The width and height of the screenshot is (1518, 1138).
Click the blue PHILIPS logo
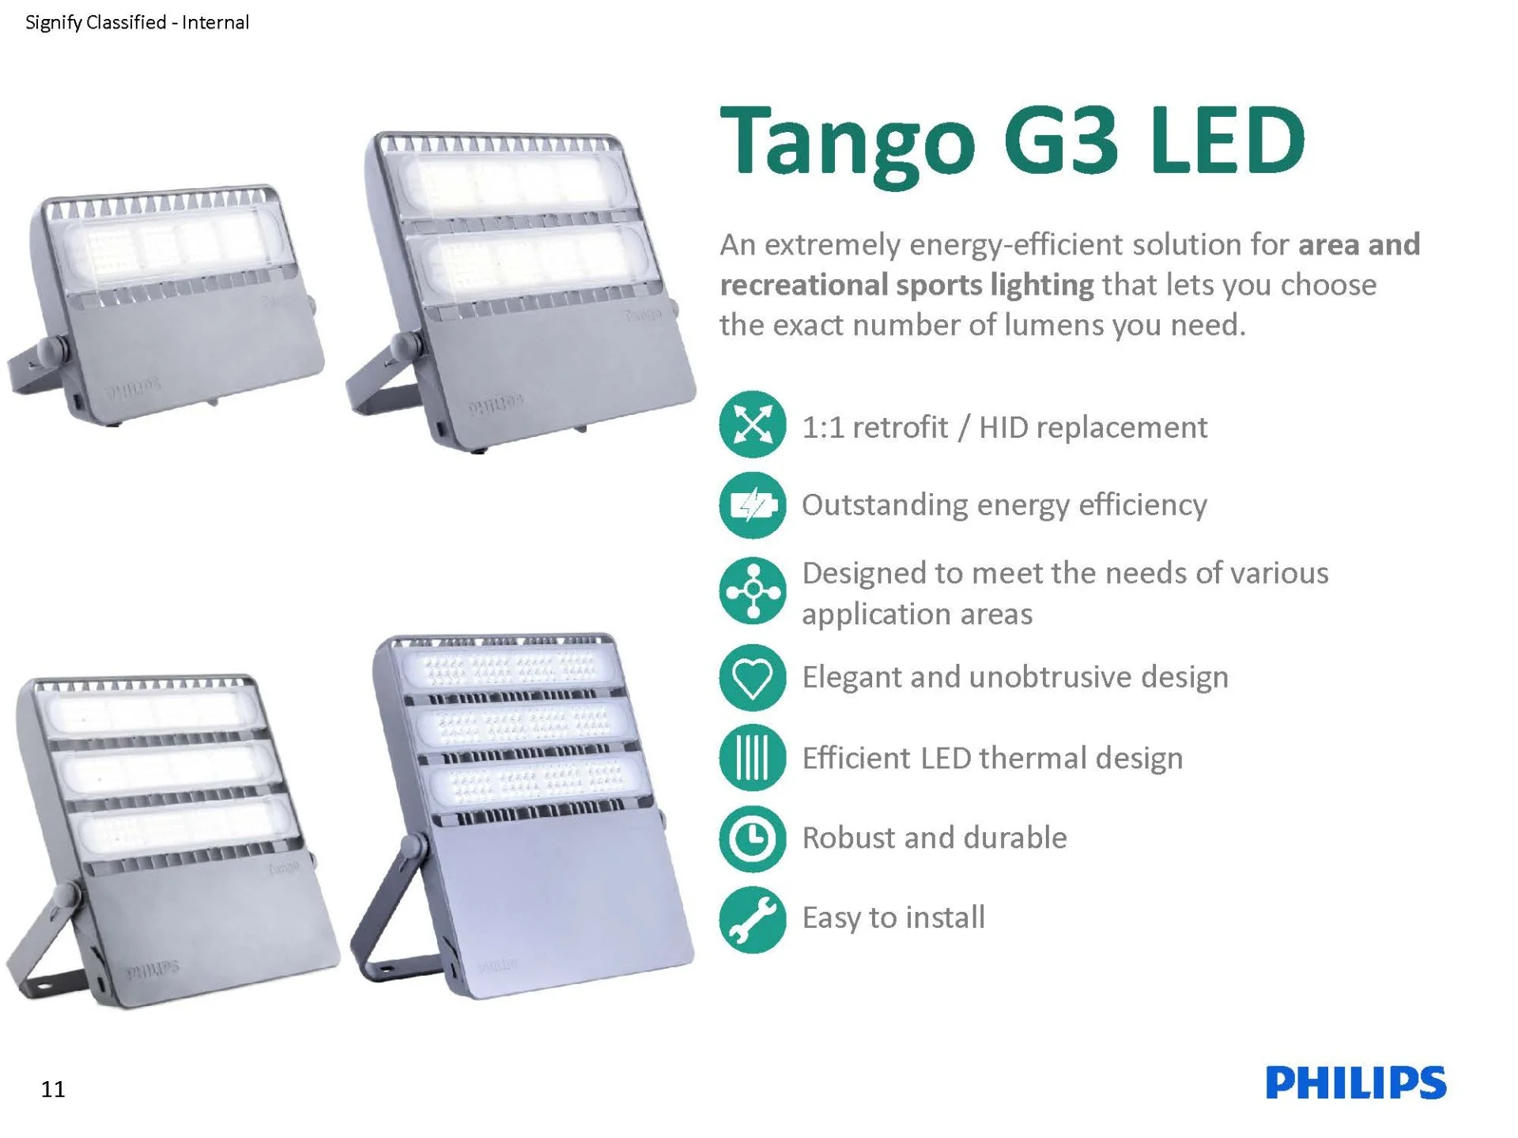(x=1356, y=1083)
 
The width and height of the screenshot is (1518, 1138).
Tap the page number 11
(x=53, y=1089)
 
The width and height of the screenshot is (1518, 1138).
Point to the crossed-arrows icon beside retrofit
(x=753, y=425)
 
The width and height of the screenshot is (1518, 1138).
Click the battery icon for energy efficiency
(x=753, y=505)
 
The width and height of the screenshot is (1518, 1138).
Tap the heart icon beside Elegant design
(x=753, y=677)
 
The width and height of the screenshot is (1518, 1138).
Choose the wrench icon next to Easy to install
(x=753, y=920)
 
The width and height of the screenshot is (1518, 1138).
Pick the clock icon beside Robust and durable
(x=753, y=838)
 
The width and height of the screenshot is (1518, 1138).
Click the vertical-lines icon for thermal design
(x=753, y=758)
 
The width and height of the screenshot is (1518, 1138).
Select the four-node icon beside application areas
(x=753, y=591)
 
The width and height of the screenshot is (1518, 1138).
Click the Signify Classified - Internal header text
(x=138, y=23)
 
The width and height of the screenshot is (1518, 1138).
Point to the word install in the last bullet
(x=946, y=918)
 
